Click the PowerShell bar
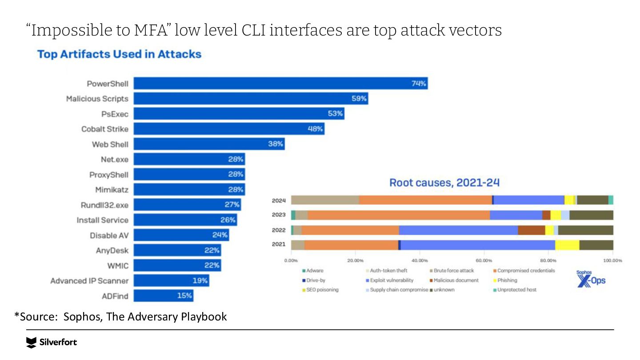pyautogui.click(x=280, y=84)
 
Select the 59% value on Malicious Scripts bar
pyautogui.click(x=359, y=99)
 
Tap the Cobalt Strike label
pyautogui.click(x=105, y=129)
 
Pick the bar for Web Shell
pyautogui.click(x=209, y=144)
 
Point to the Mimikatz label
pyautogui.click(x=112, y=190)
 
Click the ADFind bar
pyautogui.click(x=163, y=296)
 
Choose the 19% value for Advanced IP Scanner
pyautogui.click(x=200, y=280)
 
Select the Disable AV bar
pyautogui.click(x=181, y=235)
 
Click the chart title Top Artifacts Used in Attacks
pyautogui.click(x=119, y=54)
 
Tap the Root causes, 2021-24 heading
pyautogui.click(x=444, y=183)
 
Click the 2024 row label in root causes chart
pyautogui.click(x=279, y=200)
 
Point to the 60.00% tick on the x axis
pyautogui.click(x=484, y=260)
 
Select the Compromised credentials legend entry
pyautogui.click(x=526, y=271)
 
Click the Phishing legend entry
pyautogui.click(x=507, y=280)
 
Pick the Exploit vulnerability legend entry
pyautogui.click(x=392, y=280)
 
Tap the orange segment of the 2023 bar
pyautogui.click(x=398, y=215)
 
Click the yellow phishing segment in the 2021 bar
pyautogui.click(x=567, y=245)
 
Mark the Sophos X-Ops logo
pyautogui.click(x=591, y=278)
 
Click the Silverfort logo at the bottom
pyautogui.click(x=52, y=342)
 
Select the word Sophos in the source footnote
pyautogui.click(x=78, y=317)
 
